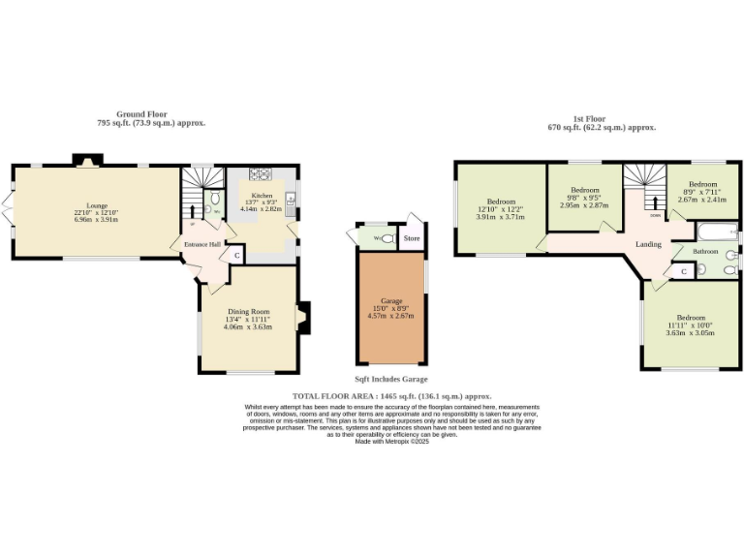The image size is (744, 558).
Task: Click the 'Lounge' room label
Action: click(x=96, y=205)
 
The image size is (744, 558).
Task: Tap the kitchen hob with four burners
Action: click(x=261, y=174)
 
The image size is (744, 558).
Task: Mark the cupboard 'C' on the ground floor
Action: click(x=237, y=255)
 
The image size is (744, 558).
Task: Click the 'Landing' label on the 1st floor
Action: click(x=648, y=244)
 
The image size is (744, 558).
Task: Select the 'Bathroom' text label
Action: click(x=705, y=252)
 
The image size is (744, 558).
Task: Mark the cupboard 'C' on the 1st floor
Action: click(x=685, y=272)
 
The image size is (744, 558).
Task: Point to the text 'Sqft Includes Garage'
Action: click(x=390, y=379)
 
